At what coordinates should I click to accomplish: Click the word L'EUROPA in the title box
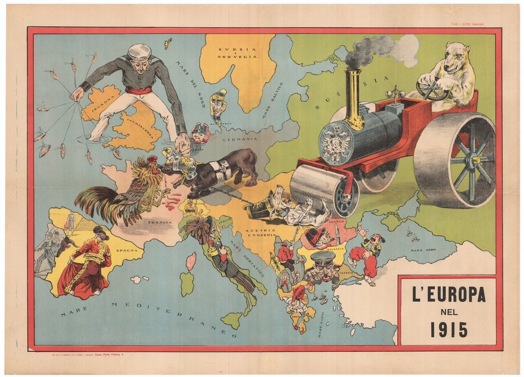pyautogui.click(x=449, y=296)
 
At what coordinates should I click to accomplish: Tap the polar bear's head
pyautogui.click(x=455, y=58)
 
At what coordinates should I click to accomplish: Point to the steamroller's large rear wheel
pyautogui.click(x=455, y=160)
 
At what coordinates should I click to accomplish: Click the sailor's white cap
pyautogui.click(x=140, y=52)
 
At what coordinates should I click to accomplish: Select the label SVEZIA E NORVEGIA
pyautogui.click(x=237, y=53)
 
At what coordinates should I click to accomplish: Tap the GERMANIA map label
pyautogui.click(x=242, y=139)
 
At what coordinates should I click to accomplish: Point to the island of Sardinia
pyautogui.click(x=187, y=283)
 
